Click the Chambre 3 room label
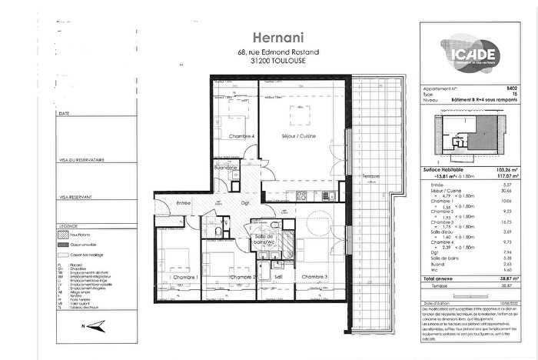pos(315,276)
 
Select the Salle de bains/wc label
pos(264,241)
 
